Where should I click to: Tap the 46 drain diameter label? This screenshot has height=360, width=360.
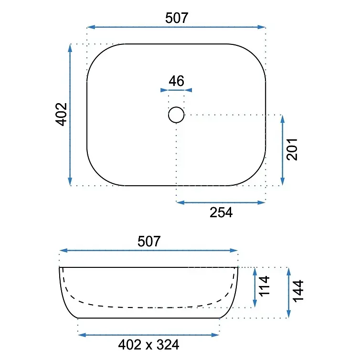176,81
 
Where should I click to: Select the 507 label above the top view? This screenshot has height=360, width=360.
177,18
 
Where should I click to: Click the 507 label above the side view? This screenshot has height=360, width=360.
149,241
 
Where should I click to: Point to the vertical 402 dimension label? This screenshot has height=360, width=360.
61,114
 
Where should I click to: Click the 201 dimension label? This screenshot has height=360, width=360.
292,149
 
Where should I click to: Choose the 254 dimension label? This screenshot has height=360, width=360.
221,212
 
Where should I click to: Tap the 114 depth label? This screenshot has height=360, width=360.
264,286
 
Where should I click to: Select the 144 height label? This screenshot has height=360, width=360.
298,290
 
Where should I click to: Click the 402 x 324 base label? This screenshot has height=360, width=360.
148,345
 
